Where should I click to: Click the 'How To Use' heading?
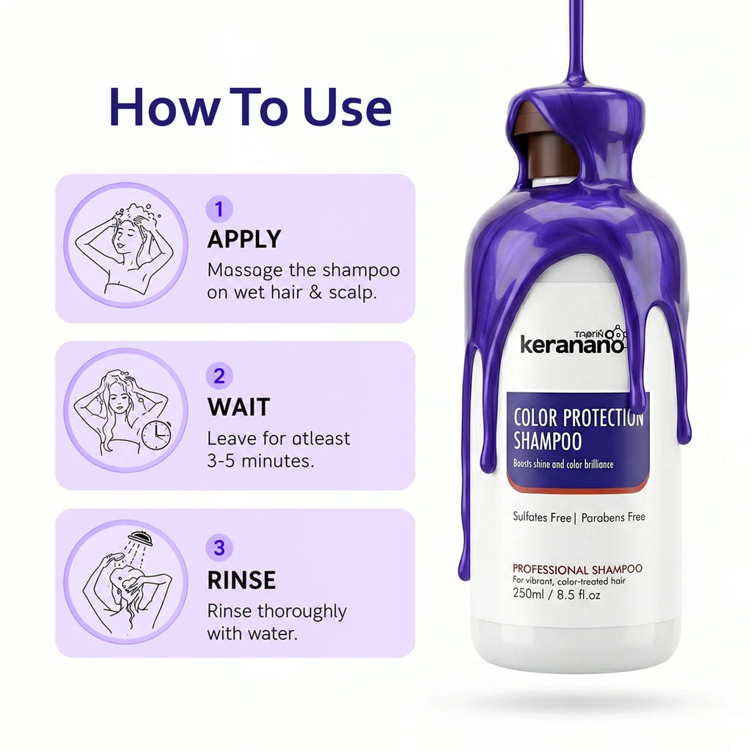tap(251, 107)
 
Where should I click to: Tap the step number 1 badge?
tap(219, 209)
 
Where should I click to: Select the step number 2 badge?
tap(219, 376)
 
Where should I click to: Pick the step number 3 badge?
tap(219, 547)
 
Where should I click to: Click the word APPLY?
tap(244, 240)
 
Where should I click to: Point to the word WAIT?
tap(238, 406)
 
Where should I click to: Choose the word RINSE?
tap(241, 579)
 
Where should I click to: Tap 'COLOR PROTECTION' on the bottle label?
tap(579, 417)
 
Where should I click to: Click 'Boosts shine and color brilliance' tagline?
tap(563, 464)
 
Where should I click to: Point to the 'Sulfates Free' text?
tap(542, 517)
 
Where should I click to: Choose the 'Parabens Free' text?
tap(613, 517)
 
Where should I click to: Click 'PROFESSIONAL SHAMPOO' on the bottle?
tap(577, 569)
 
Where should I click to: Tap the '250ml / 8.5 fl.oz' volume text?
tap(557, 594)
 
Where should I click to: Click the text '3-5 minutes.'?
tap(260, 461)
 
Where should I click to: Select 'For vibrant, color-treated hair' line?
tap(569, 581)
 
